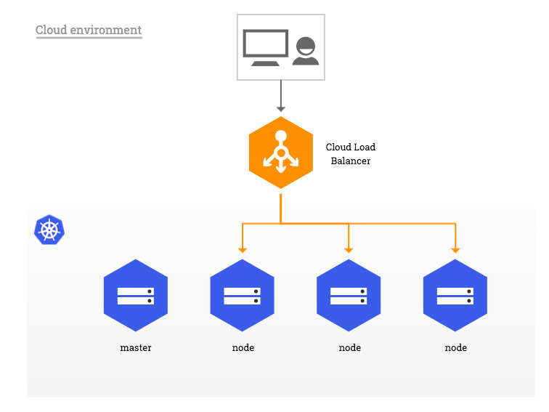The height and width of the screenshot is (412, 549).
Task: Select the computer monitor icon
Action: tap(265, 48)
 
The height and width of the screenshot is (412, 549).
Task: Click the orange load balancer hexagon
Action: tap(281, 153)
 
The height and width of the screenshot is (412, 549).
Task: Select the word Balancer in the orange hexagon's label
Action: tap(351, 161)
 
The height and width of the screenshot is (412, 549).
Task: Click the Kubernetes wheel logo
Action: tap(49, 230)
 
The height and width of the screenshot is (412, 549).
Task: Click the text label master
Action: tap(136, 347)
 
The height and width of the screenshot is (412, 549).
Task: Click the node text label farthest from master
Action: tap(455, 347)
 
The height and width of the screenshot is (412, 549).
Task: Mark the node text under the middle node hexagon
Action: tap(349, 347)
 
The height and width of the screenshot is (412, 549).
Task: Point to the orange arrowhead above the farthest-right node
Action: tap(455, 249)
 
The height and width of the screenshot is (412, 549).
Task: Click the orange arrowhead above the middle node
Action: tap(349, 249)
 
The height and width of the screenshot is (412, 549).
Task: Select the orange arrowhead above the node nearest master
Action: tap(243, 249)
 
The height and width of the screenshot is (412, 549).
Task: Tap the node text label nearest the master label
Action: tap(243, 347)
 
